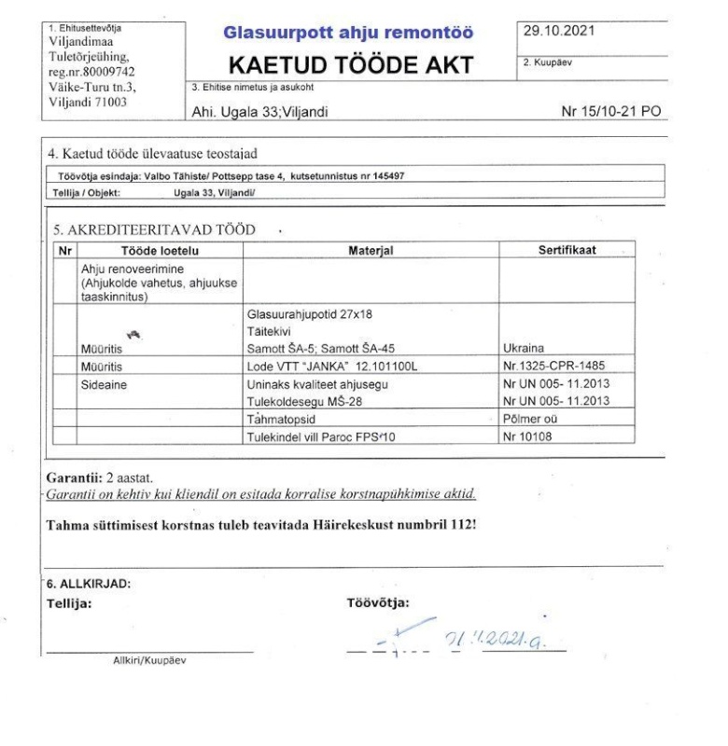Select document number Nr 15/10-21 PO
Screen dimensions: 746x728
(x=610, y=113)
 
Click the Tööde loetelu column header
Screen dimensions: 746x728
(x=161, y=250)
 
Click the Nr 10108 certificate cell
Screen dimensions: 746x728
(x=530, y=435)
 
